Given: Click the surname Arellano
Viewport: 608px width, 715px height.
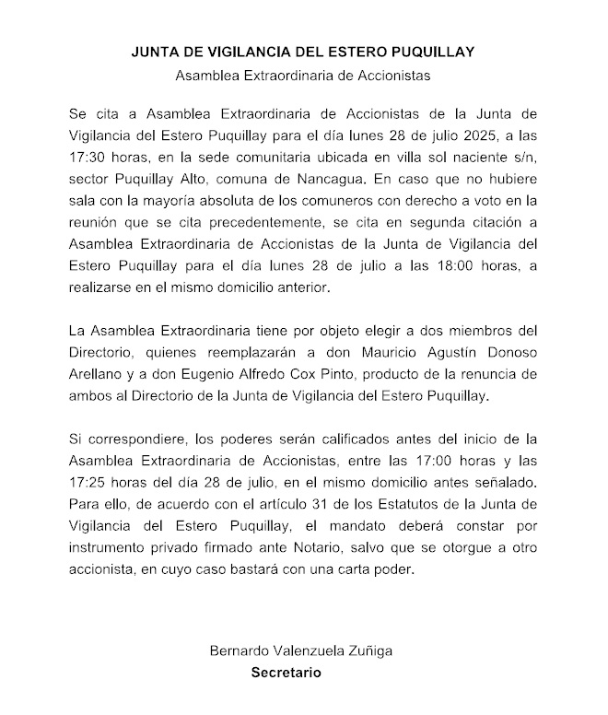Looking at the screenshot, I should tap(99, 373).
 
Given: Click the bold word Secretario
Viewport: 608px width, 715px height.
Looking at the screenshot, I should tap(286, 673).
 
